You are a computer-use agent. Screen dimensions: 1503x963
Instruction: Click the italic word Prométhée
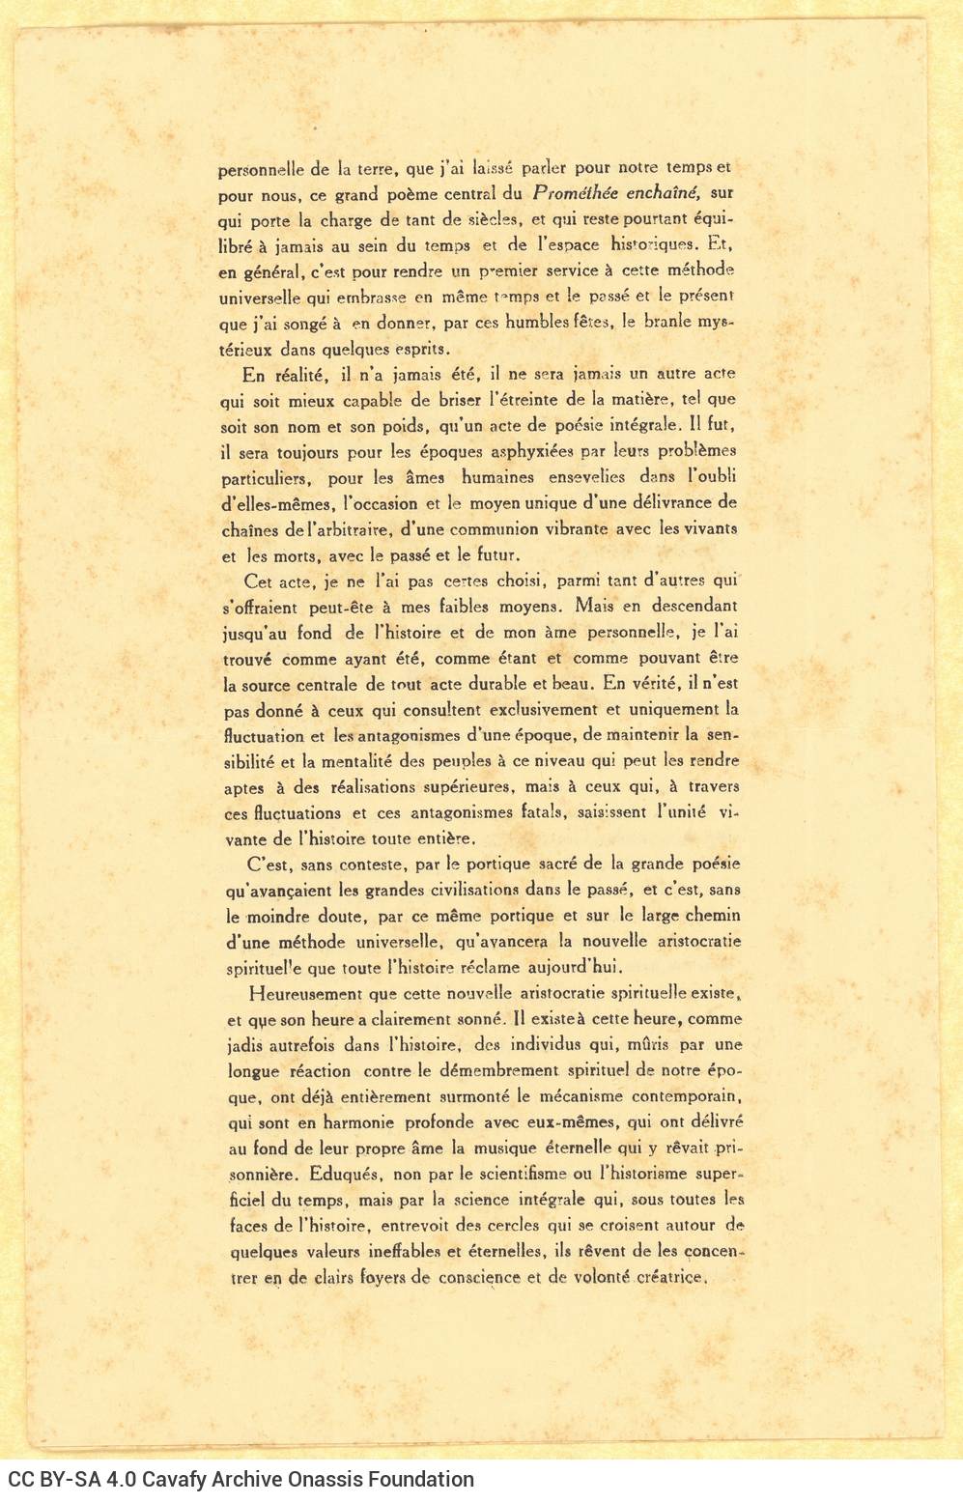click(576, 193)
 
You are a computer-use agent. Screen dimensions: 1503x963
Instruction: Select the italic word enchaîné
click(664, 193)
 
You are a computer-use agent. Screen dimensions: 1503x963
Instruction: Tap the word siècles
click(492, 219)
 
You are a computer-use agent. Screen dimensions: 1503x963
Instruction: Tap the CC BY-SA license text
click(44, 1480)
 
